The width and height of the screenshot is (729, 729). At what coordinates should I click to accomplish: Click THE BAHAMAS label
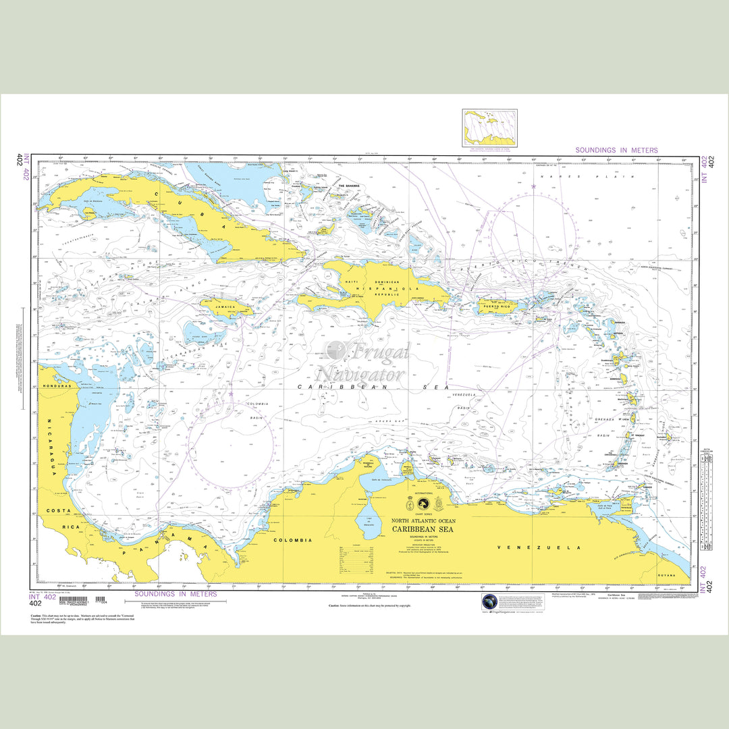[x=350, y=186]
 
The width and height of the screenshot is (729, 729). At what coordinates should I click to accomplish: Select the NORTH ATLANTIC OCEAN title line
[x=424, y=521]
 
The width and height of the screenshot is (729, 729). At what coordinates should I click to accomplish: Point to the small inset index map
[x=489, y=128]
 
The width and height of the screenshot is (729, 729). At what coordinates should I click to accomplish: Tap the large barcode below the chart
[x=74, y=599]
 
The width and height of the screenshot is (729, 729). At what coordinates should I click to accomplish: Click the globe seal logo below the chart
[x=489, y=602]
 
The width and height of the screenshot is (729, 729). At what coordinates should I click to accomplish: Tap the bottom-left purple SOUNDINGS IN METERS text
[x=175, y=594]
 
